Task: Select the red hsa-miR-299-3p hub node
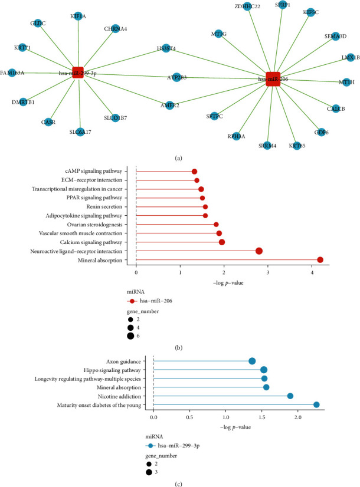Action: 77,73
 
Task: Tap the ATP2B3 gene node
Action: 176,77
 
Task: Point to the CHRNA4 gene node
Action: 116,28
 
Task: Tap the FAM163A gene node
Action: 12,73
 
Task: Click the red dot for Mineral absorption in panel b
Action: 320,260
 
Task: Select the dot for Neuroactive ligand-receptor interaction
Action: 258,251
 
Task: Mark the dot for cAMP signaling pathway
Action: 194,172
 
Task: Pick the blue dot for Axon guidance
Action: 252,361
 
